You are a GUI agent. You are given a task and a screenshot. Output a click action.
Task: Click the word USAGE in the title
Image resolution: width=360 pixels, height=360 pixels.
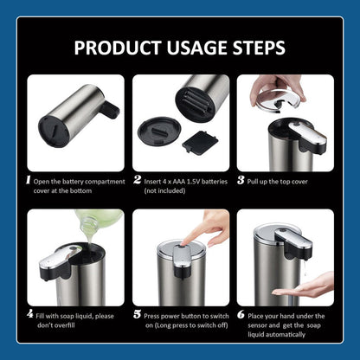click(197, 48)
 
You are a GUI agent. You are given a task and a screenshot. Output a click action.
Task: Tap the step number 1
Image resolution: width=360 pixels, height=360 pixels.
click(28, 180)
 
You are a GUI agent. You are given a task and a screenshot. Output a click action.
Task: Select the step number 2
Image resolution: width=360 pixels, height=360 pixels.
click(138, 180)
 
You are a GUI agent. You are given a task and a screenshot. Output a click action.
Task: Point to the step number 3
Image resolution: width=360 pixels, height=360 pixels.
click(241, 180)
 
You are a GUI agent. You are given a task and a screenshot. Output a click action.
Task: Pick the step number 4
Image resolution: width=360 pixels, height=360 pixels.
click(30, 314)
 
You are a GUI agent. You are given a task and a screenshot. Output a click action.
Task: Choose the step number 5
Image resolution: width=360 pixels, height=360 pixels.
click(138, 314)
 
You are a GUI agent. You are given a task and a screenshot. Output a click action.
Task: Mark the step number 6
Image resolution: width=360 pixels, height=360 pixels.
click(241, 314)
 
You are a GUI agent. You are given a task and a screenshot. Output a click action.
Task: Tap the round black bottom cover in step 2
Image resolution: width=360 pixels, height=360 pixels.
click(159, 132)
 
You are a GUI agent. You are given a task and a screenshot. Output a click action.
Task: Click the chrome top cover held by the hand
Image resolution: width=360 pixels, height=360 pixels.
click(279, 100)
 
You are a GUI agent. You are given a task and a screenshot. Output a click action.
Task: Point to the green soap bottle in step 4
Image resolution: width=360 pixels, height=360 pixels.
click(98, 221)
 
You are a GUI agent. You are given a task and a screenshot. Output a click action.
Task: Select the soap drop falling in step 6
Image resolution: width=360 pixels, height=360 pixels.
click(305, 267)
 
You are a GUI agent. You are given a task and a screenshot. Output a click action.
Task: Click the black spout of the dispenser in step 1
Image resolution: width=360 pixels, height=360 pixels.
click(109, 109)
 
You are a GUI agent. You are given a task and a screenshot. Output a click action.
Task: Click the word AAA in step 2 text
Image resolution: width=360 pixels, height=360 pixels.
click(179, 182)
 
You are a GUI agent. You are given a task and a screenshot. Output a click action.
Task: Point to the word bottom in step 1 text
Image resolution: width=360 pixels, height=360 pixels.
click(80, 191)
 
